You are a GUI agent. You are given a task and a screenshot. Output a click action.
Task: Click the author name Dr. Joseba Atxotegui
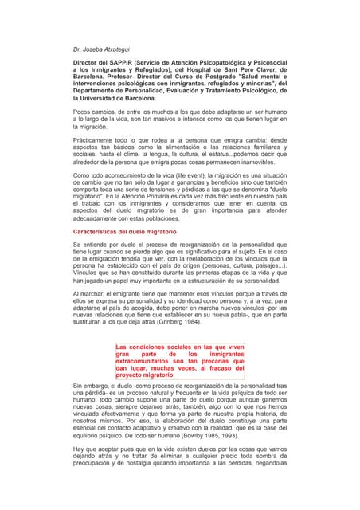click(102, 49)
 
